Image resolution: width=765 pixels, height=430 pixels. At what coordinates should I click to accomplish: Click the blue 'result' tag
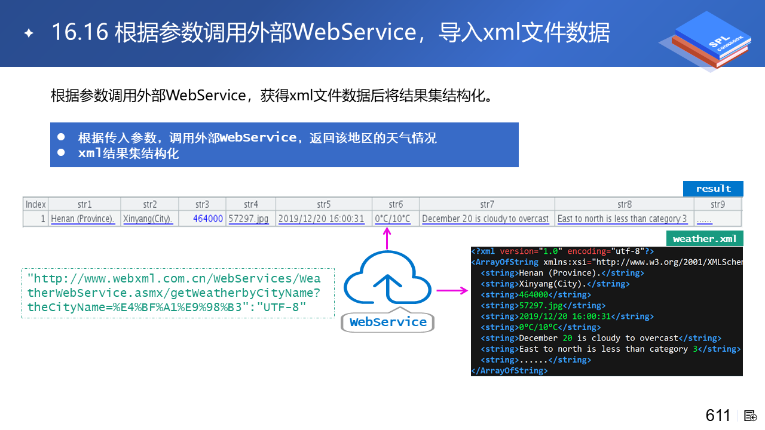[713, 189]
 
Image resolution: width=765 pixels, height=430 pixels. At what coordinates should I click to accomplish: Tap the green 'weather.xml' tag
[705, 239]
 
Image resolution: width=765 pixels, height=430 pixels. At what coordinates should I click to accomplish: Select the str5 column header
[323, 204]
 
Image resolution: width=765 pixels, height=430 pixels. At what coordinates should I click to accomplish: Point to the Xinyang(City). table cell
[148, 219]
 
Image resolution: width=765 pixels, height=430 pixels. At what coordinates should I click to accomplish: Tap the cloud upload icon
[388, 280]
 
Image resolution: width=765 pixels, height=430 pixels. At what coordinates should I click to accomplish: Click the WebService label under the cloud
[388, 322]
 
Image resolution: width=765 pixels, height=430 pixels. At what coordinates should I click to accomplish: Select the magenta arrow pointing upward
[387, 238]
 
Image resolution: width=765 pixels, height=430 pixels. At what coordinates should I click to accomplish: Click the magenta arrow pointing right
[452, 291]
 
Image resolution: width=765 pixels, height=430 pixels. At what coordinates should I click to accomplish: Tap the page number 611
[718, 416]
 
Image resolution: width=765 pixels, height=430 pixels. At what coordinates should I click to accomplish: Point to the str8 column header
[624, 204]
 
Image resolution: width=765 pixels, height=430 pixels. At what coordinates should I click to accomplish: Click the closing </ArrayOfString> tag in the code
[509, 371]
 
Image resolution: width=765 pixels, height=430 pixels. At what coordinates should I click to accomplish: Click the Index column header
[36, 204]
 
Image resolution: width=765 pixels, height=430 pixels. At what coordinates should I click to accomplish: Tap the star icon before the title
[29, 33]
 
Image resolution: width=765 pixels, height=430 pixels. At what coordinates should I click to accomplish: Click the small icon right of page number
[751, 416]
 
